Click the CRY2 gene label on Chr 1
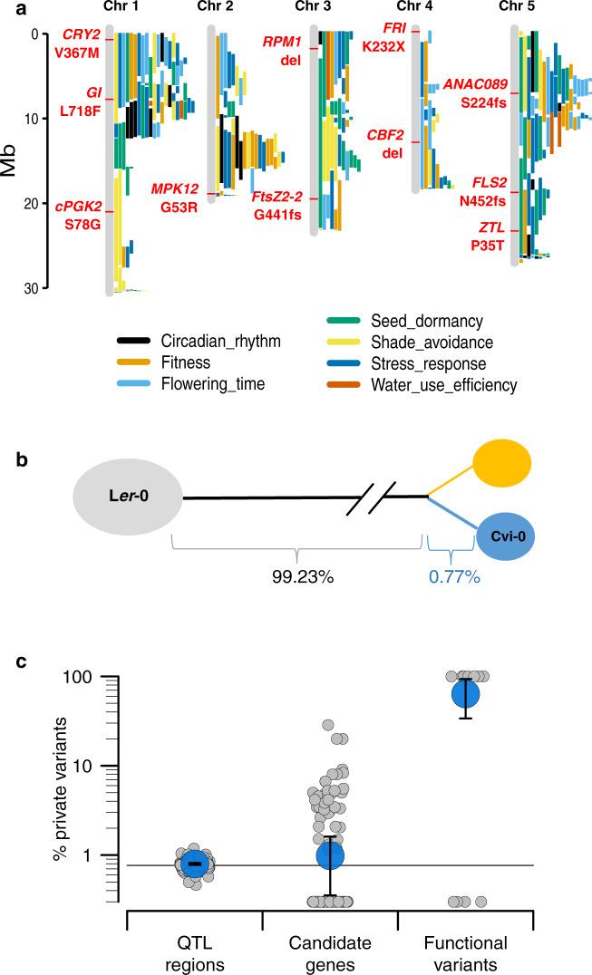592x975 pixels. [x=82, y=35]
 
